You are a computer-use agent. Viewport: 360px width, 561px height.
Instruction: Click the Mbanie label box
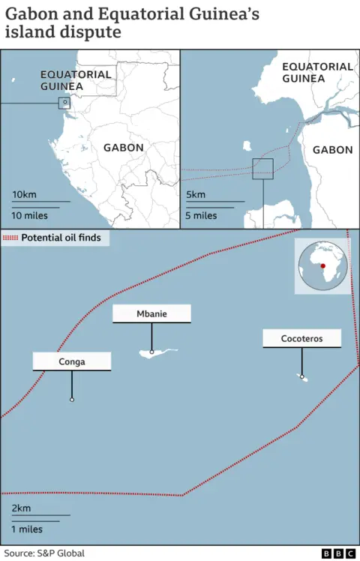pyautogui.click(x=151, y=313)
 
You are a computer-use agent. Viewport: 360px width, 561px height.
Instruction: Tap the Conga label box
pyautogui.click(x=72, y=361)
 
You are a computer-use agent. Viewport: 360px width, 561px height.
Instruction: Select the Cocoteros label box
pyautogui.click(x=301, y=338)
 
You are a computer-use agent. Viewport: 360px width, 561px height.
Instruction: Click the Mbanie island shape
pyautogui.click(x=157, y=352)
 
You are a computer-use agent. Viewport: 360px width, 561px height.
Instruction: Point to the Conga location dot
pyautogui.click(x=72, y=400)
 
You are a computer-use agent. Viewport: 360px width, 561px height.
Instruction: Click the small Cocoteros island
pyautogui.click(x=304, y=377)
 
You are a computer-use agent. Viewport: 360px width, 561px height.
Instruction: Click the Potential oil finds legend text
pyautogui.click(x=61, y=238)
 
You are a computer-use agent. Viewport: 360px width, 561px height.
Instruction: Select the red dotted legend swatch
pyautogui.click(x=10, y=238)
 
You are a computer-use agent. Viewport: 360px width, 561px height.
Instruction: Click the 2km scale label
pyautogui.click(x=21, y=508)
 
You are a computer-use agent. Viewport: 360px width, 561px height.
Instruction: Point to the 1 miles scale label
pyautogui.click(x=27, y=529)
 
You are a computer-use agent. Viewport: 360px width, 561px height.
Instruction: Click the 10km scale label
pyautogui.click(x=24, y=195)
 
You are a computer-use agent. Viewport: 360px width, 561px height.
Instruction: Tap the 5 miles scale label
pyautogui.click(x=201, y=216)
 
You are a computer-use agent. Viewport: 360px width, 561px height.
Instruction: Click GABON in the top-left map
pyautogui.click(x=124, y=148)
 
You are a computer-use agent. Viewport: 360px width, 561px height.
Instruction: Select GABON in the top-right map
pyautogui.click(x=332, y=150)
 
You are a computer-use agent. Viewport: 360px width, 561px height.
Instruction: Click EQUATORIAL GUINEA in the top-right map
pyautogui.click(x=317, y=72)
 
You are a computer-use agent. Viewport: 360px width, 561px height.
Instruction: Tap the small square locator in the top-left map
pyautogui.click(x=64, y=103)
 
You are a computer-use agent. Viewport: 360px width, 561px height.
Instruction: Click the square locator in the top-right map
pyautogui.click(x=262, y=169)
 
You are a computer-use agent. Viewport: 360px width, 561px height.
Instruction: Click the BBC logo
pyautogui.click(x=338, y=553)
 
